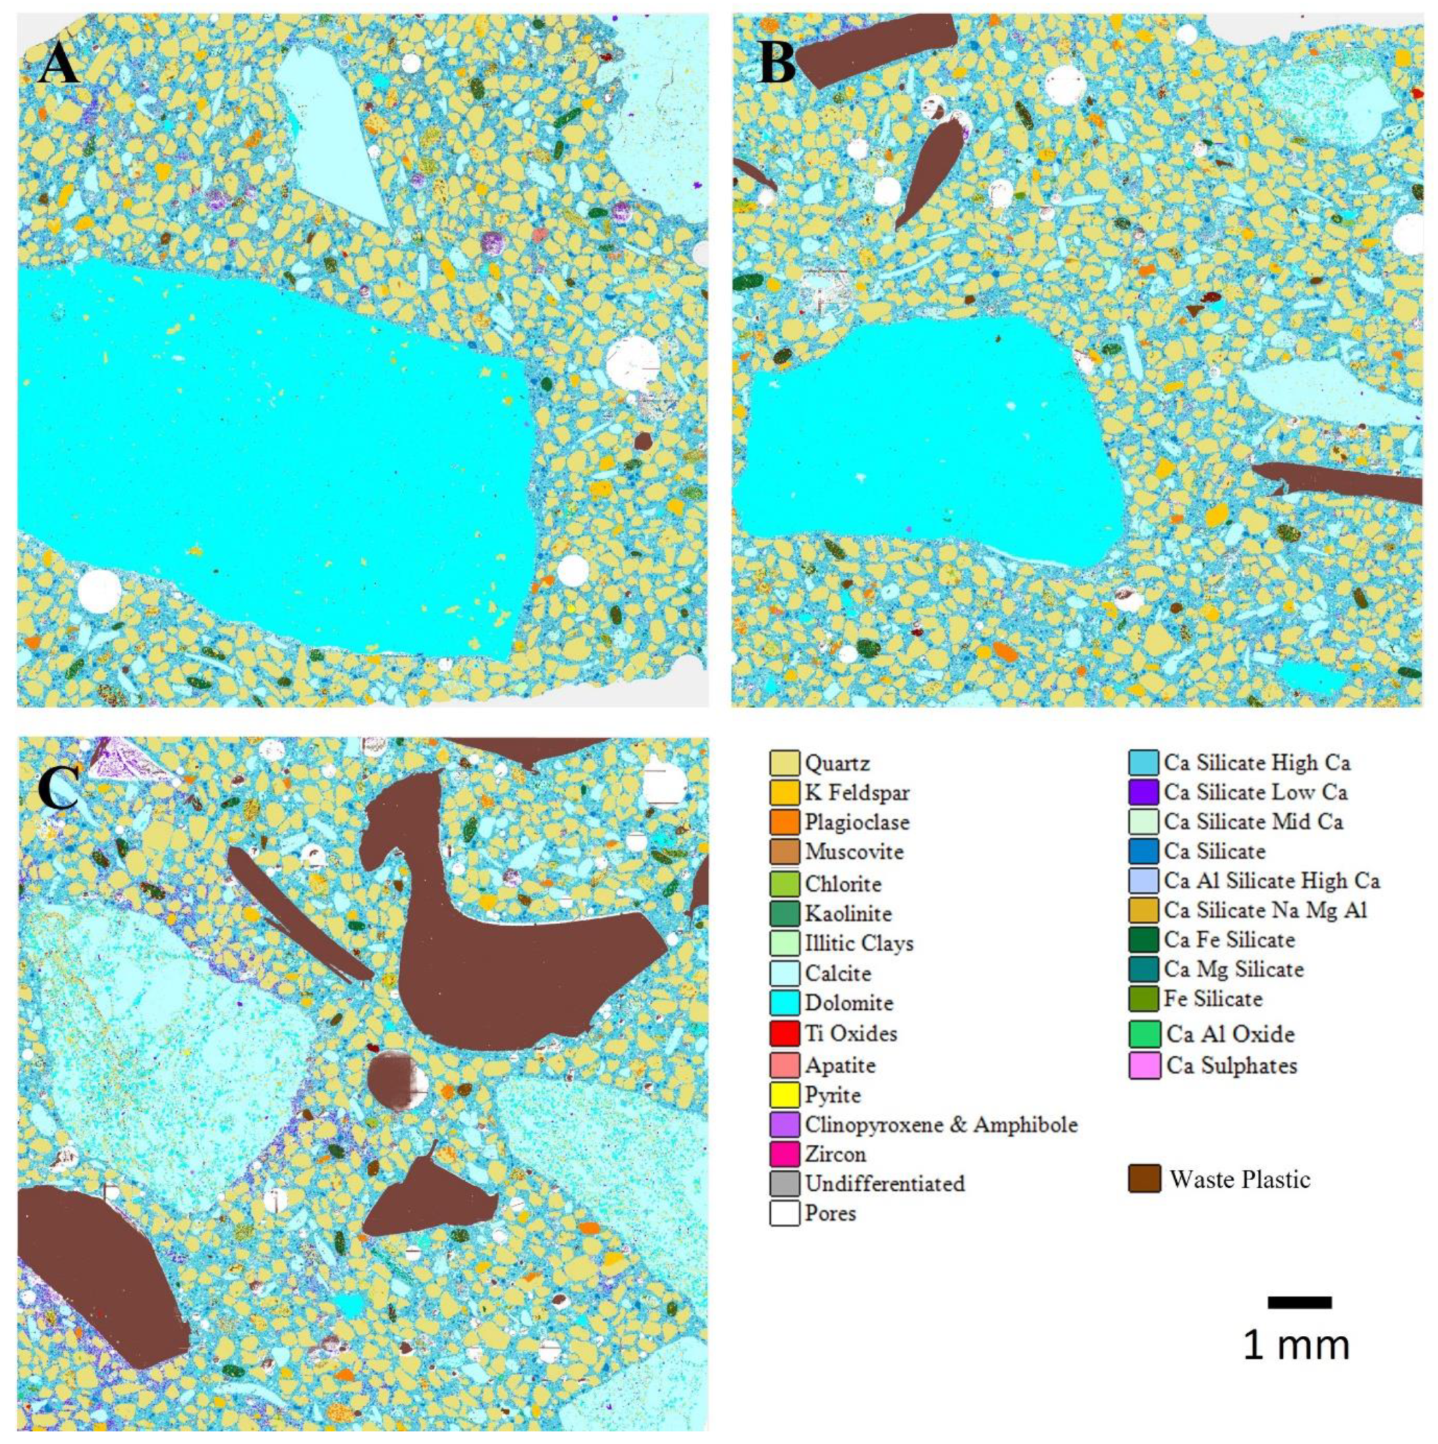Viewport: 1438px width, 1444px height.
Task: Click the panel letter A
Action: [59, 63]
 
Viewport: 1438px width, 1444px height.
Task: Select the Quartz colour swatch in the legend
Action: [783, 763]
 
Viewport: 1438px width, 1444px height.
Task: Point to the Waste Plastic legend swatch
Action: [1144, 1179]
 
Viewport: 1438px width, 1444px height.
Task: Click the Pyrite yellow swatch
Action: [783, 1095]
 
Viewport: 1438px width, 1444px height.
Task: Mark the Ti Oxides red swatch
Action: [783, 1034]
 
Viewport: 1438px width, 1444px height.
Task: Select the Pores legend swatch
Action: [783, 1213]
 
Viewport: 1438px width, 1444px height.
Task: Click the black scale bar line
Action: [1299, 1324]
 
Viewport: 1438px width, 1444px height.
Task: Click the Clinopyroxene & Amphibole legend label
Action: [941, 1124]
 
